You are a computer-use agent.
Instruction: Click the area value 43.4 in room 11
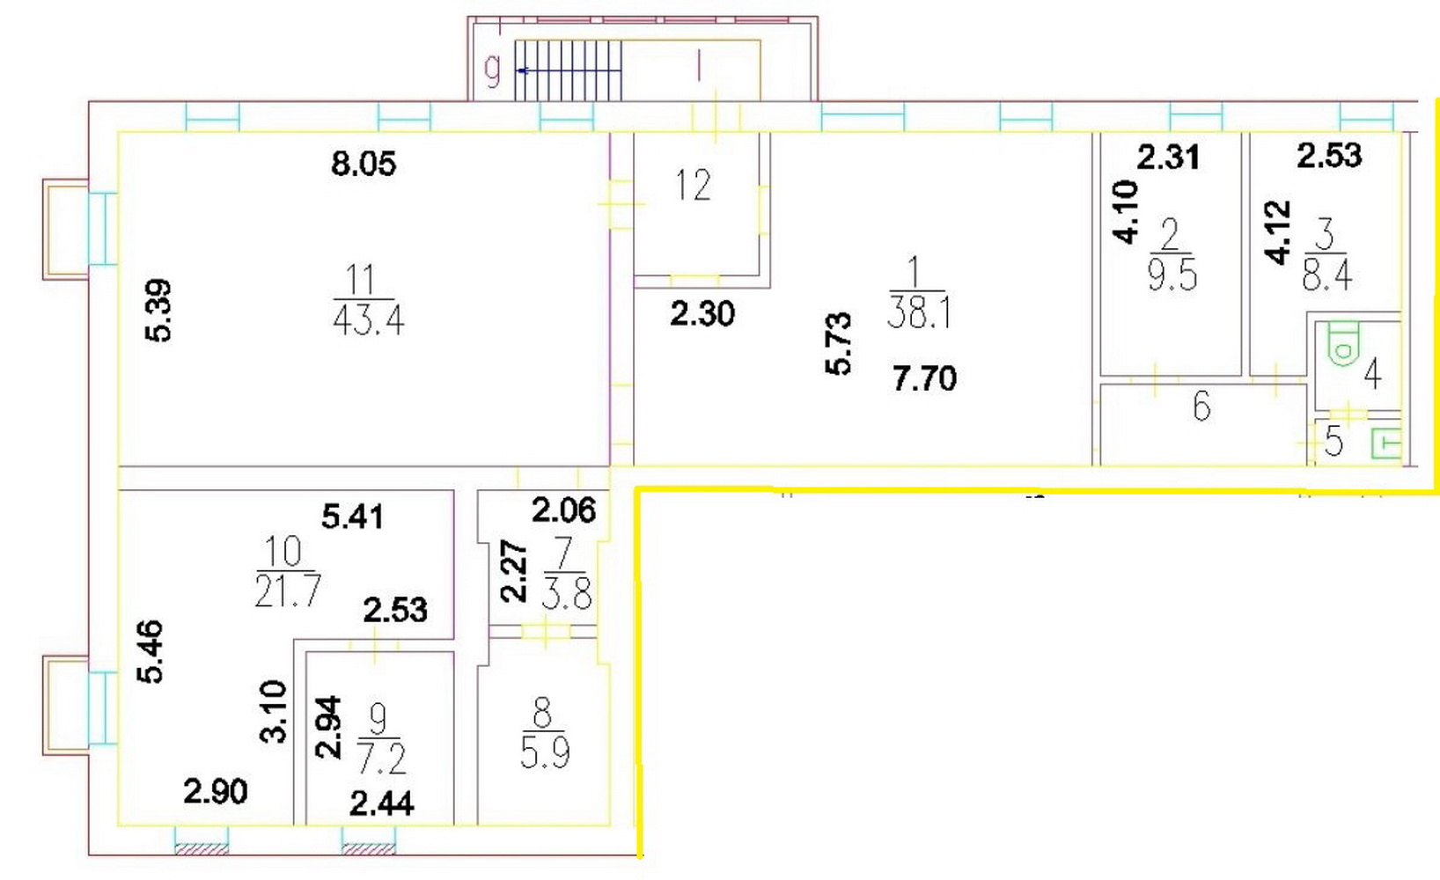[x=368, y=319]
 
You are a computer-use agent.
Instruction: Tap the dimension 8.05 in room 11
[x=364, y=164]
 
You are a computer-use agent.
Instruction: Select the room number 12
[x=693, y=185]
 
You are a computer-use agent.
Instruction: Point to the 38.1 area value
[x=919, y=313]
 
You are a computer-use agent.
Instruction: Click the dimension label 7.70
[x=924, y=378]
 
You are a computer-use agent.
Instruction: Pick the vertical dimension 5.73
[x=838, y=343]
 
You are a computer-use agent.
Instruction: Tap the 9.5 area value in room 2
[x=1172, y=275]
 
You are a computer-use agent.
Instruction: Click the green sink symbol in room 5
[x=1386, y=443]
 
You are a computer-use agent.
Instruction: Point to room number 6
[x=1201, y=407]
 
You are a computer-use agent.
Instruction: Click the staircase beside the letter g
[x=569, y=70]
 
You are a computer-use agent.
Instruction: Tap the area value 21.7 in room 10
[x=287, y=590]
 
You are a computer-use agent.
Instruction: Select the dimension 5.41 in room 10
[x=352, y=517]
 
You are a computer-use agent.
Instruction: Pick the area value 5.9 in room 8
[x=545, y=753]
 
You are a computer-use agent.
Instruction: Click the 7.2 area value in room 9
[x=382, y=759]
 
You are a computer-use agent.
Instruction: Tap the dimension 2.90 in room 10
[x=216, y=791]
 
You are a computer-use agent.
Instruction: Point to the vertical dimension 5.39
[x=158, y=311]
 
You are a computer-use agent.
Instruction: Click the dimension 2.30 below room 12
[x=702, y=314]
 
